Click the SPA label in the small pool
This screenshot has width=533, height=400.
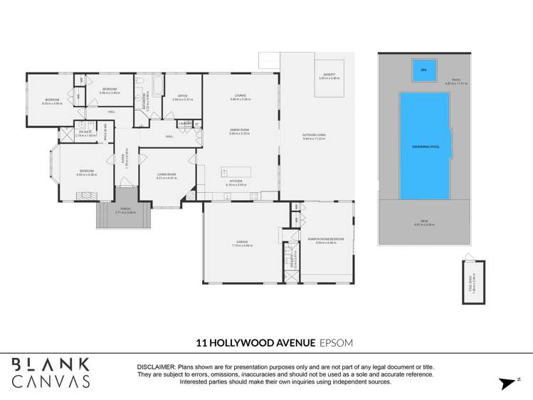click(x=423, y=70)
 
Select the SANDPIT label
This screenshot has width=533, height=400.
click(x=328, y=73)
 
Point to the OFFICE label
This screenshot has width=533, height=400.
click(x=182, y=95)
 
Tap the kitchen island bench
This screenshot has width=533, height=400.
click(x=236, y=172)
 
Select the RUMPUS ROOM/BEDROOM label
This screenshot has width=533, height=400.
click(x=326, y=239)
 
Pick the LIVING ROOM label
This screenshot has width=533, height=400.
click(x=166, y=174)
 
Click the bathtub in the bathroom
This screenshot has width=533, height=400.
click(x=157, y=88)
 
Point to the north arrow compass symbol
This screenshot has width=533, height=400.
click(x=507, y=383)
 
